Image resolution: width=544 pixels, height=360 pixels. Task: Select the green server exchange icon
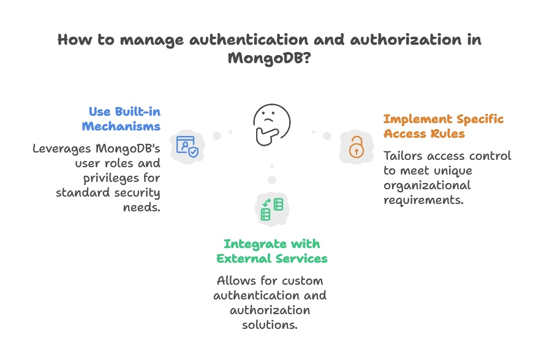click(x=272, y=209)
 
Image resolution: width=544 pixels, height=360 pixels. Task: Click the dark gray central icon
click(x=271, y=122)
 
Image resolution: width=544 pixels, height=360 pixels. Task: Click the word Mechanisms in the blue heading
click(x=121, y=127)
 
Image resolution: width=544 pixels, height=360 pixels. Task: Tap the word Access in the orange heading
click(x=405, y=134)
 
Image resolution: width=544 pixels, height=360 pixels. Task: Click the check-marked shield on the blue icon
click(x=193, y=151)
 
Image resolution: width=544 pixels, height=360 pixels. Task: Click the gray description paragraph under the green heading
click(x=270, y=303)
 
